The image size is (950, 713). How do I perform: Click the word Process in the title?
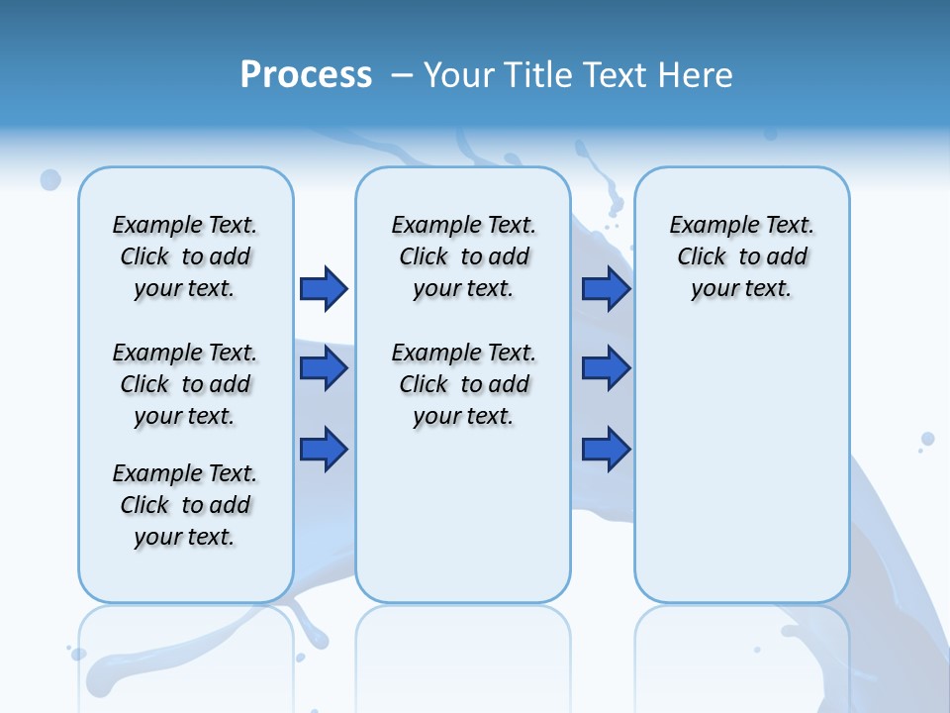(x=306, y=74)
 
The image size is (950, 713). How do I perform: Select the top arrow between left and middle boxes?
(x=324, y=288)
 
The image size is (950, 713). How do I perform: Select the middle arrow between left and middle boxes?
(x=324, y=368)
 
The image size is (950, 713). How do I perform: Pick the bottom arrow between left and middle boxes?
(x=324, y=449)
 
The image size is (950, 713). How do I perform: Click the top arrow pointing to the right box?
(x=606, y=288)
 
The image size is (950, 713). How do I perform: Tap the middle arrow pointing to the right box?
(x=606, y=368)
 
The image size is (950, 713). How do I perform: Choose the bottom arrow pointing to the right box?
(x=606, y=449)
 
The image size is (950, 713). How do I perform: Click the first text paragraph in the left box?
(x=185, y=256)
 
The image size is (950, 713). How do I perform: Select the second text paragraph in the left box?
(x=185, y=384)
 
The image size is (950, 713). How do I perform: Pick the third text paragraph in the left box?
(x=185, y=505)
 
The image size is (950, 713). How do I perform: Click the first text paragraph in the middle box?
(x=463, y=256)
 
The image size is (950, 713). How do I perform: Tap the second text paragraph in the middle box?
(x=463, y=384)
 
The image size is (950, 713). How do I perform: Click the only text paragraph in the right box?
(x=741, y=256)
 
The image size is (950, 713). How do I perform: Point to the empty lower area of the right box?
(x=741, y=475)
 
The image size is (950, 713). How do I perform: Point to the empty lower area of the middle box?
(x=463, y=515)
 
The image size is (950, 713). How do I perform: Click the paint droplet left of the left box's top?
(x=50, y=179)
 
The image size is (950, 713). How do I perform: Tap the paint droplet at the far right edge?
(x=927, y=439)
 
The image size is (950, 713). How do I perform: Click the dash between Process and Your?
(x=403, y=76)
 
